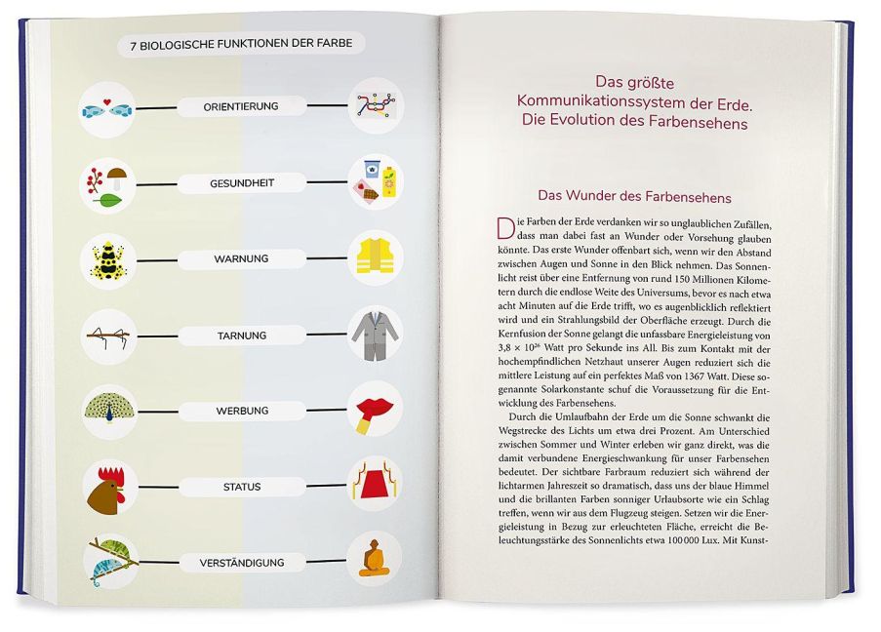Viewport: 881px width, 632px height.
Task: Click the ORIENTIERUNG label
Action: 241,105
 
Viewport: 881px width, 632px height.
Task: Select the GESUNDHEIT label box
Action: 241,182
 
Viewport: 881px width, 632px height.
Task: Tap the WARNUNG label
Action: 241,259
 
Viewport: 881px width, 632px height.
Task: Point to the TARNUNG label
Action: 242,336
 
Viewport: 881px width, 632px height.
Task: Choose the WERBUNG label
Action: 242,412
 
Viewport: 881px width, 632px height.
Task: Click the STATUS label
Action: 242,486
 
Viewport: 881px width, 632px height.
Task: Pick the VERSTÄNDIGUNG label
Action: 242,563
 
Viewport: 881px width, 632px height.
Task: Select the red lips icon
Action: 375,411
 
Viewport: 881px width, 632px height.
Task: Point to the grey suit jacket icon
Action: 375,334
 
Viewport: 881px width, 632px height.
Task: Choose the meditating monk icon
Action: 374,561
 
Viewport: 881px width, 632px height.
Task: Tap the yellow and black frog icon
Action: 106,259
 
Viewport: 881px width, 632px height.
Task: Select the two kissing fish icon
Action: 106,106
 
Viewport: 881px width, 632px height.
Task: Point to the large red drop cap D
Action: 504,229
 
